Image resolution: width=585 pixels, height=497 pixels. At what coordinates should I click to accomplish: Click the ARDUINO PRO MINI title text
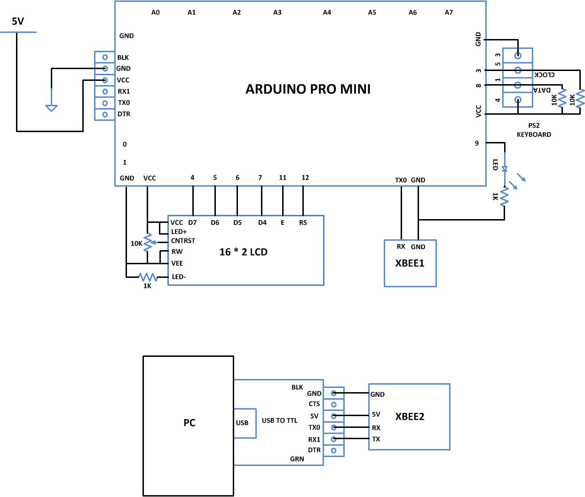(x=308, y=89)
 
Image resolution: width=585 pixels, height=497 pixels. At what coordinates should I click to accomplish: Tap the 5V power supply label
(x=18, y=21)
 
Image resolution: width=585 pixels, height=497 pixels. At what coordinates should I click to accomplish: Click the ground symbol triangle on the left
(x=51, y=108)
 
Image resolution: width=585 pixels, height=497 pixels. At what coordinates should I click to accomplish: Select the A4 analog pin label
(x=327, y=13)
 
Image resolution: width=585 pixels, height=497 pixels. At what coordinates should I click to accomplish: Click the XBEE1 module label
(x=410, y=263)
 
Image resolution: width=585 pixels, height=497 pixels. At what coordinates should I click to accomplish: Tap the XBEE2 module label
(x=410, y=417)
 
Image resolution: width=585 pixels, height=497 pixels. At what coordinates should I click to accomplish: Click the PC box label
(x=189, y=423)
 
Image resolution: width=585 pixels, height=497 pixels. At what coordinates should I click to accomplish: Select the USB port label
(x=242, y=423)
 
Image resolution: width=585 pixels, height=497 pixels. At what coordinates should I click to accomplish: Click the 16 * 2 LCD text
(x=243, y=252)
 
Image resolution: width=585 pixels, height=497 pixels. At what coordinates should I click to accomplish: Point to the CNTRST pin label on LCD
(x=183, y=241)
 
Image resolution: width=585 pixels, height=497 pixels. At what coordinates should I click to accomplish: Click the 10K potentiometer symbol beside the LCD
(x=148, y=243)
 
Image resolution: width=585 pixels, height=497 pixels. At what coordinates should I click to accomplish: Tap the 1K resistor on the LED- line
(x=148, y=277)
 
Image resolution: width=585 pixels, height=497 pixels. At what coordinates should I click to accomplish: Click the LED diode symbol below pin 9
(x=505, y=168)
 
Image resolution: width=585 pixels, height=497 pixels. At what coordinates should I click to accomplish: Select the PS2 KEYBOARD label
(x=534, y=130)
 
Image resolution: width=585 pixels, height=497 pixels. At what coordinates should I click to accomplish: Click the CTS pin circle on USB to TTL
(x=334, y=404)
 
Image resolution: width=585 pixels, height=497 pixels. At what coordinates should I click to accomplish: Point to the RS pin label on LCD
(x=303, y=222)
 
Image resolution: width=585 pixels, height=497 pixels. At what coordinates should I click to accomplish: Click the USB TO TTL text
(x=279, y=420)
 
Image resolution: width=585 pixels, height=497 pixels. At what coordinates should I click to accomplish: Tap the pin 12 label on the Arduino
(x=305, y=177)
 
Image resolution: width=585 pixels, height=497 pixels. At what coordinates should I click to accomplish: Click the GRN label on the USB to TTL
(x=297, y=459)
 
